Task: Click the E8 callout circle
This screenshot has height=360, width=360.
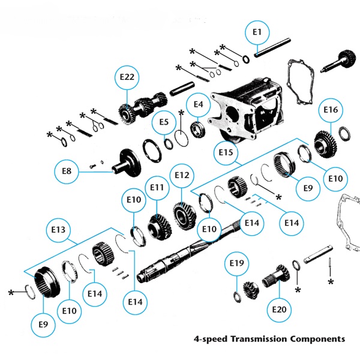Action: coord(67,171)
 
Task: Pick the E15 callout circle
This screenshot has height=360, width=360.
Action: coord(226,152)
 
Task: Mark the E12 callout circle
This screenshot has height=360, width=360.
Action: coord(182,175)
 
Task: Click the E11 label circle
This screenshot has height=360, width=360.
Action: coord(157,187)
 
